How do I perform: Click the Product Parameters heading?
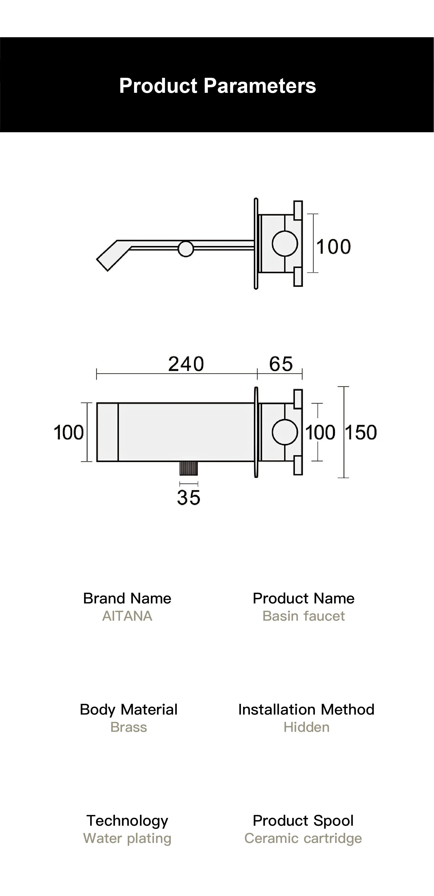click(x=217, y=86)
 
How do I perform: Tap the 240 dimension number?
click(x=186, y=364)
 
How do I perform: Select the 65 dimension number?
click(x=281, y=364)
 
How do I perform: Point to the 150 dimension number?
click(x=361, y=432)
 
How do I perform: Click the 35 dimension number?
click(x=189, y=497)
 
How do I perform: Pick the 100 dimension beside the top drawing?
click(x=333, y=247)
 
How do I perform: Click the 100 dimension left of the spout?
click(x=69, y=432)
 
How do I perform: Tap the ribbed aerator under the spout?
click(x=189, y=468)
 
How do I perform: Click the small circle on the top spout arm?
click(x=186, y=249)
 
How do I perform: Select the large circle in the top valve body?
click(x=284, y=243)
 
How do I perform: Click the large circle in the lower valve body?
click(x=284, y=432)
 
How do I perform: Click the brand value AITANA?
click(x=127, y=616)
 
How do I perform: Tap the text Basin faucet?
click(x=303, y=616)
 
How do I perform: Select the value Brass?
click(x=128, y=727)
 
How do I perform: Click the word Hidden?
click(x=306, y=727)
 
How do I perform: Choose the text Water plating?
click(x=127, y=838)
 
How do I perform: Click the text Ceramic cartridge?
click(x=303, y=838)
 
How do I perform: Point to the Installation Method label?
click(x=306, y=710)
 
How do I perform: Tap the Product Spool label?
click(x=303, y=820)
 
